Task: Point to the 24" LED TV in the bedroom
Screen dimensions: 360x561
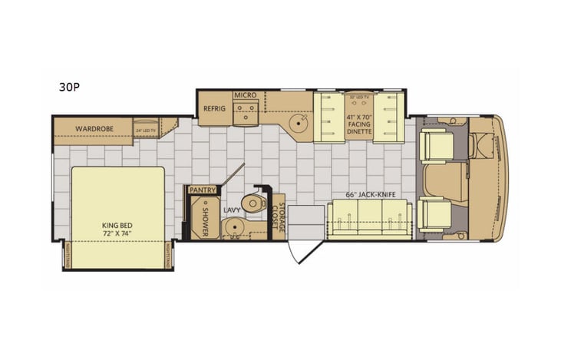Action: [x=145, y=130]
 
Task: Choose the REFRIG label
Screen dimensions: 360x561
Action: [x=214, y=109]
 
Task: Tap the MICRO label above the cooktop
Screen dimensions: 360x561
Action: [x=245, y=94]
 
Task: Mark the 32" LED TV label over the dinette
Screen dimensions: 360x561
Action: [x=359, y=97]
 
